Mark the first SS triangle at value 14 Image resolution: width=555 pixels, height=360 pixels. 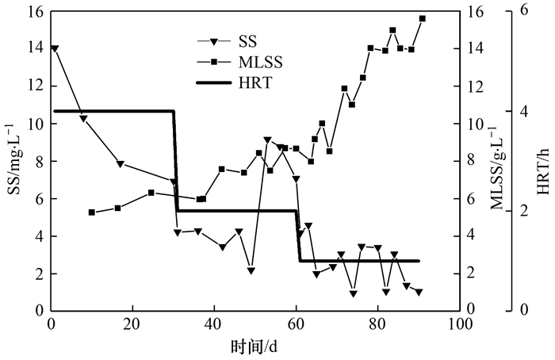point(54,48)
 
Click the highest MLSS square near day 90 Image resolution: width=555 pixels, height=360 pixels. point(423,18)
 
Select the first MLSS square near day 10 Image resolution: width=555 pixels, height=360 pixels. point(91,213)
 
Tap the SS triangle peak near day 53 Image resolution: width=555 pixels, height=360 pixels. point(267,140)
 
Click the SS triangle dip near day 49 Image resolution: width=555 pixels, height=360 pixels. point(251,271)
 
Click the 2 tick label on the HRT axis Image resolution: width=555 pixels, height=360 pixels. point(523,211)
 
